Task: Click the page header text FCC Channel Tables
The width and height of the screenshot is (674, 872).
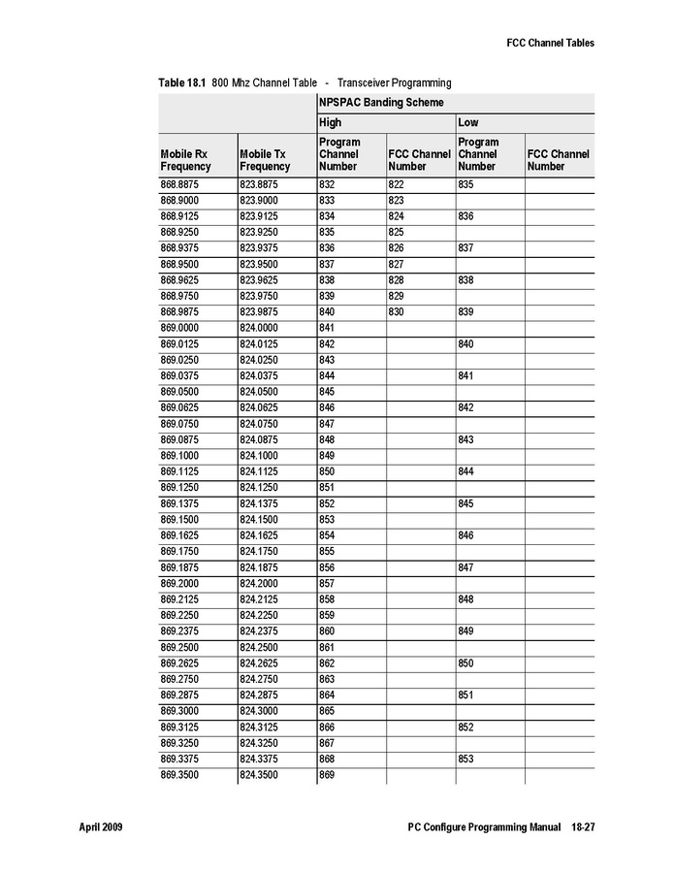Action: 550,43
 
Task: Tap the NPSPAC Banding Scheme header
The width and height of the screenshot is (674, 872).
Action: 381,102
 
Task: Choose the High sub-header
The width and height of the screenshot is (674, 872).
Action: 330,123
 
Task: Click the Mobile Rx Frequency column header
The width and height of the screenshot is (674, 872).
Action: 184,160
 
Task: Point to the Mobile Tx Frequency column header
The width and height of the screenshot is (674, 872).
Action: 265,160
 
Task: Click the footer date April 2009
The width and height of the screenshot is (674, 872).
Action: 100,827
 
